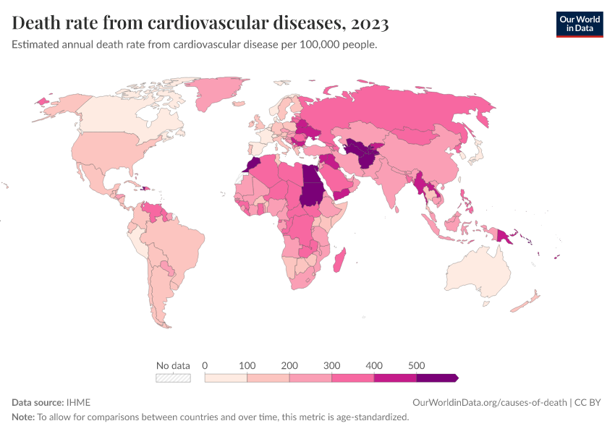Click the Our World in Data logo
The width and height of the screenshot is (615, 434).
(x=579, y=24)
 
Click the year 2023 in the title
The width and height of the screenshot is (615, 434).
(x=369, y=24)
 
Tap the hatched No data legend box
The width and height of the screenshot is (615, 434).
(x=174, y=378)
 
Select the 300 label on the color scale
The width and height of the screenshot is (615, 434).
(x=331, y=365)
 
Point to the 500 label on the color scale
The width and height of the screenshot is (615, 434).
(x=416, y=365)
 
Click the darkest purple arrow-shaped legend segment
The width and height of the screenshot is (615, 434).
(x=436, y=378)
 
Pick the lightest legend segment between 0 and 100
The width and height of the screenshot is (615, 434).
(x=226, y=378)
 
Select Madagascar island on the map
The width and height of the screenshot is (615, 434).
(x=338, y=259)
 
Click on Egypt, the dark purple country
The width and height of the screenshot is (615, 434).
(x=310, y=176)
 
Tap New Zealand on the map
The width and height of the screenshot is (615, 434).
(x=527, y=302)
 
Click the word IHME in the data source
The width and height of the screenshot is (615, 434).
(x=78, y=402)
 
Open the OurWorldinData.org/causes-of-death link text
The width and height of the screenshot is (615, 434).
(x=489, y=402)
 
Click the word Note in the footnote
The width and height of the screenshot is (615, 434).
(x=22, y=417)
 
